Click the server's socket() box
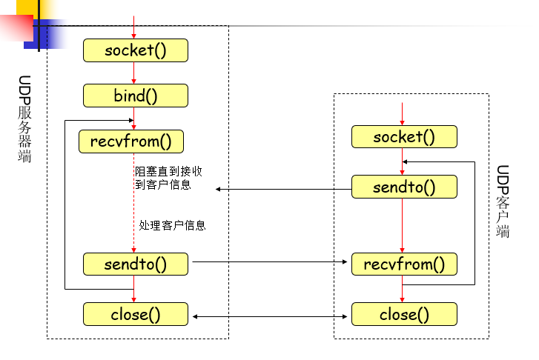(x=135, y=50)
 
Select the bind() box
(x=135, y=96)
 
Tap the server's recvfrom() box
(x=130, y=141)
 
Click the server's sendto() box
(x=135, y=263)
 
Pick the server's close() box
(x=135, y=314)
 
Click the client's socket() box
(x=404, y=136)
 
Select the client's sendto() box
(x=404, y=187)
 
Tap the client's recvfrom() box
(x=404, y=264)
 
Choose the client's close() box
(x=404, y=314)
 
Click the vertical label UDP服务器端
(x=25, y=119)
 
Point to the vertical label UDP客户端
(x=503, y=201)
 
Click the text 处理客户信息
(x=172, y=225)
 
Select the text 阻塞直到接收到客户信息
(x=168, y=178)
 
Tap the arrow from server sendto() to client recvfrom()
(x=270, y=261)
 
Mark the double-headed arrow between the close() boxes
(x=270, y=316)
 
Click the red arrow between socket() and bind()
(x=134, y=73)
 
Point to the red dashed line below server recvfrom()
(x=134, y=207)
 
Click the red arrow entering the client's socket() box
(x=403, y=114)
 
